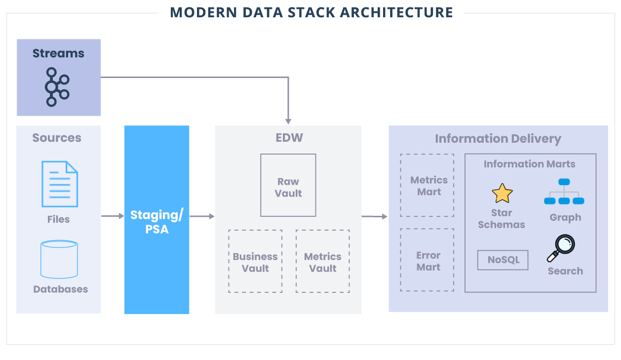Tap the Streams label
pos(58,53)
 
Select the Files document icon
pos(59,184)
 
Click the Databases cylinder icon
pos(59,259)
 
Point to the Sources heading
pos(57,138)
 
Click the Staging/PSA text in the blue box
pos(156,222)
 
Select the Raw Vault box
pos(288,185)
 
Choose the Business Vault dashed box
pos(255,262)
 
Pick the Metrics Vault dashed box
pos(323,262)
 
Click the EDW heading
pos(289,137)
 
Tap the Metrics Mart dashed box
pos(427,185)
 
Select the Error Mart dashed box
pos(427,260)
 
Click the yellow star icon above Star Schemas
pos(502,193)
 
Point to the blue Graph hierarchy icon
pos(564,192)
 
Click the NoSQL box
pos(503,260)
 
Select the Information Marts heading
pos(529,164)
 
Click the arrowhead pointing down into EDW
pos(288,120)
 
